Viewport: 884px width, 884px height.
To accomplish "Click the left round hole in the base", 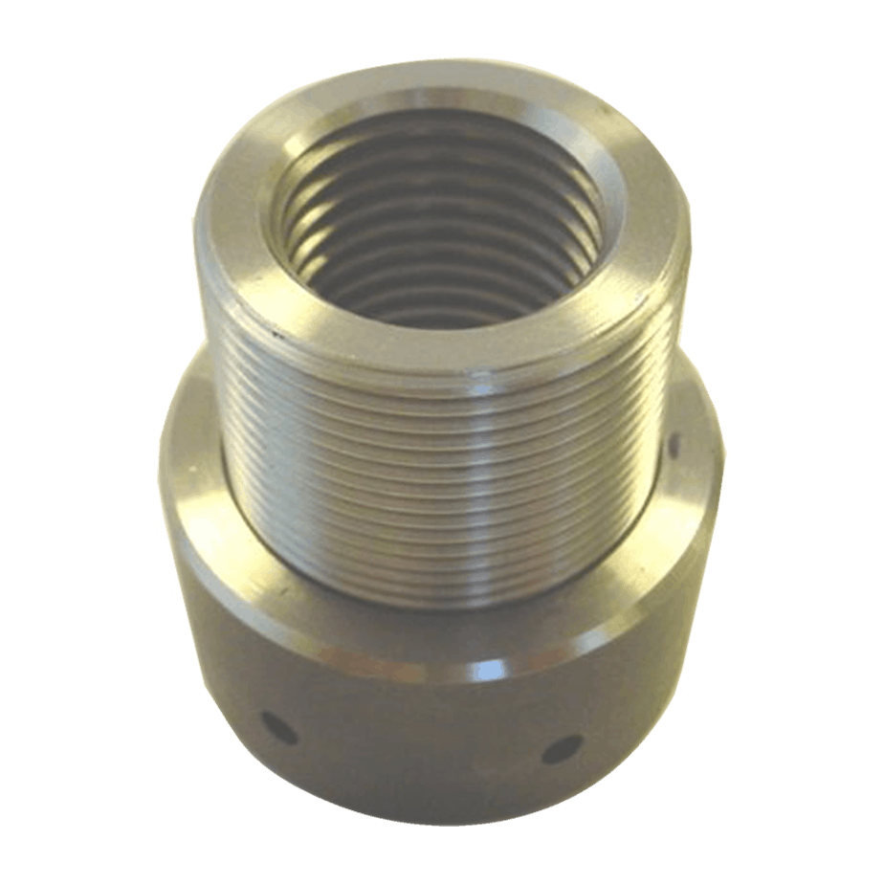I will (x=278, y=728).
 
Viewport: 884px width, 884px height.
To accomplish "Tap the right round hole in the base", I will (x=562, y=748).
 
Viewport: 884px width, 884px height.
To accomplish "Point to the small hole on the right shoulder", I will (x=674, y=445).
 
